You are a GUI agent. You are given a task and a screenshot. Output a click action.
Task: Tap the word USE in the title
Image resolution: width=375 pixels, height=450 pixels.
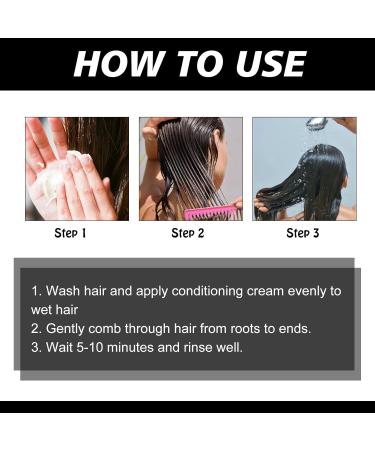click(264, 63)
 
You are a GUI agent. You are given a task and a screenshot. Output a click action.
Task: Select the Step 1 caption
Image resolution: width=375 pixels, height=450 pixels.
click(70, 233)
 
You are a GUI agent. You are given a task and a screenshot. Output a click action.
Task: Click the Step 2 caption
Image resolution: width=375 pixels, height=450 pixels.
click(188, 233)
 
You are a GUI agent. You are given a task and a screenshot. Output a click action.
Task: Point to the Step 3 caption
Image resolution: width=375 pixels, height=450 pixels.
click(304, 233)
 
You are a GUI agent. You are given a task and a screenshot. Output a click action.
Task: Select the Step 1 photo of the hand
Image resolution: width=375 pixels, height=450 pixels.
click(77, 168)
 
